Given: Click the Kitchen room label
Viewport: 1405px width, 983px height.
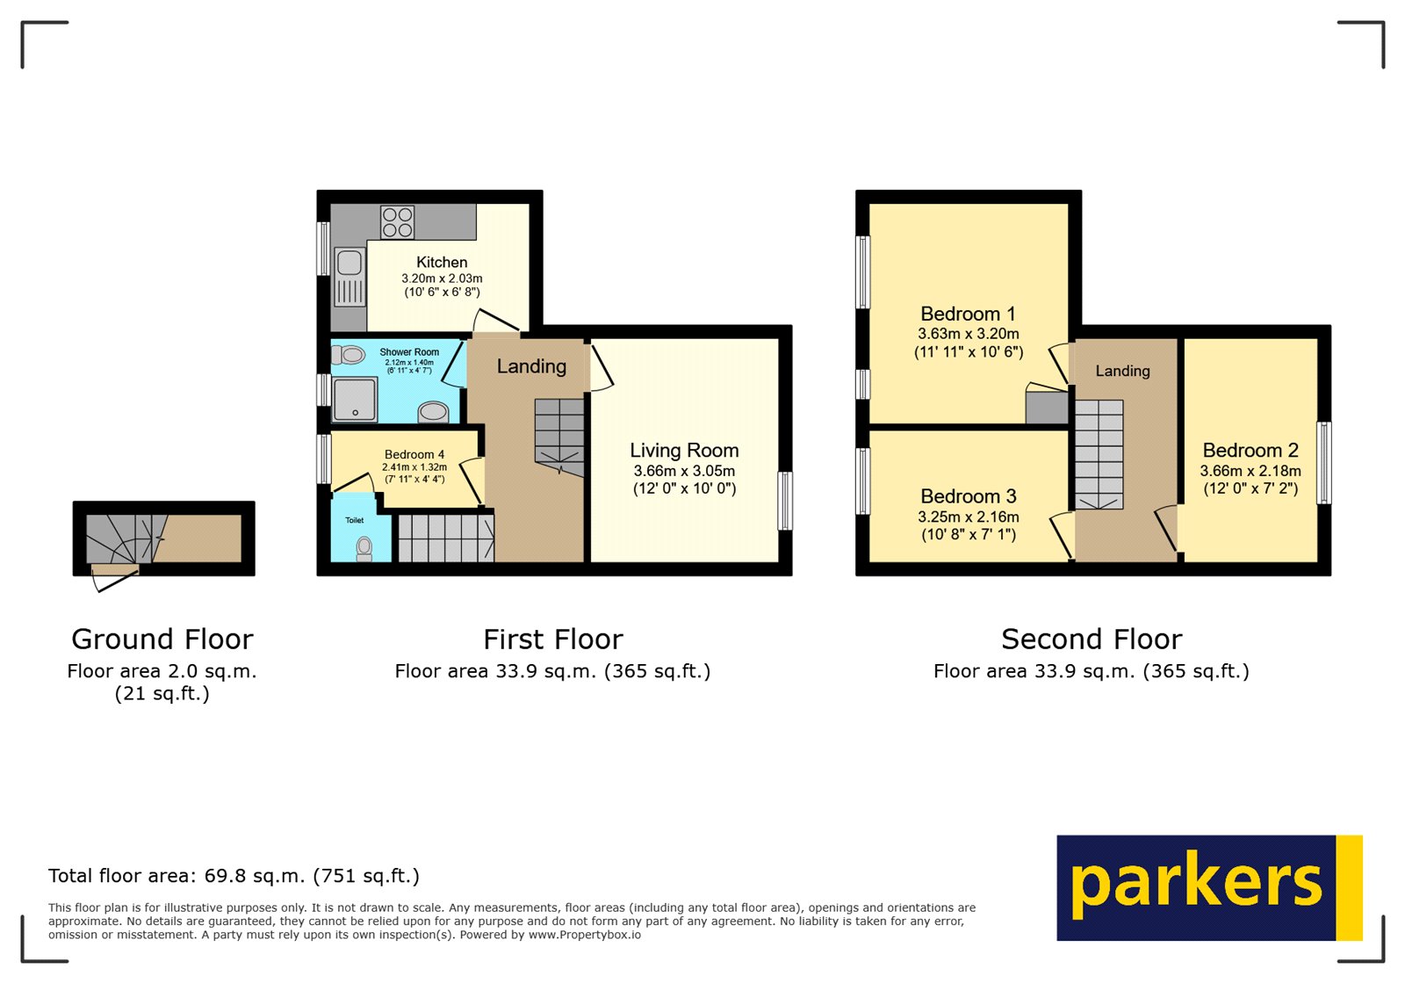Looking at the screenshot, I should click(x=442, y=262).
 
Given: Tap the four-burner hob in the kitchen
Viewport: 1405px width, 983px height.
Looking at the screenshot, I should click(x=397, y=222).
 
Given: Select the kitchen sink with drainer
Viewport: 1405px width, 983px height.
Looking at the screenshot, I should click(x=349, y=276).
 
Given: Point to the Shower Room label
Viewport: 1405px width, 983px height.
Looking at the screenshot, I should click(x=409, y=352).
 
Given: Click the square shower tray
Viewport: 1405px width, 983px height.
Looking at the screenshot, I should click(x=355, y=400).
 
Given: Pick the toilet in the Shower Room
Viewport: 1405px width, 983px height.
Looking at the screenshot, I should click(x=349, y=355).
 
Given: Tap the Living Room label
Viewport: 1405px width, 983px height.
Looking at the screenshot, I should click(x=684, y=451).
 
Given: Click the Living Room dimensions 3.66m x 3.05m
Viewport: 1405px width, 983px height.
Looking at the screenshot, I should click(x=684, y=471).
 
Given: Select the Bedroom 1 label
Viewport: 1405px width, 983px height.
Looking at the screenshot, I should click(x=968, y=314).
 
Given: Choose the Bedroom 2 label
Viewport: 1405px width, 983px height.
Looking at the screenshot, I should click(x=1250, y=451).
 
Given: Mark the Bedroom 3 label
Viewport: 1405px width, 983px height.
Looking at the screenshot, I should click(x=968, y=496).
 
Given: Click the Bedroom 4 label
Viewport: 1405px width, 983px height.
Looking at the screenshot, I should click(x=414, y=455).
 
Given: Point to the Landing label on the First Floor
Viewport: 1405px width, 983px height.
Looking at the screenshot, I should click(x=531, y=366).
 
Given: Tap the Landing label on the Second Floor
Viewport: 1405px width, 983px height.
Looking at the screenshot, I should click(x=1122, y=371).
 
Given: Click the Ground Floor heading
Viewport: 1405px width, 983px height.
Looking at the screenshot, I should click(x=162, y=639).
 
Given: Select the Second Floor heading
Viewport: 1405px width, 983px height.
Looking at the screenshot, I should click(x=1092, y=639).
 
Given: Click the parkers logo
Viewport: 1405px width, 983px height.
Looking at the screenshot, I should click(x=1208, y=887).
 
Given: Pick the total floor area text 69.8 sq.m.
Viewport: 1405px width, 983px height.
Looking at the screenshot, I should click(x=234, y=876).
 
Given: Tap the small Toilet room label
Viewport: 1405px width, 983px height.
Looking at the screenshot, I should click(x=354, y=520).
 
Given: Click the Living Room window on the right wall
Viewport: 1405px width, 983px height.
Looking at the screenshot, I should click(x=786, y=501).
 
